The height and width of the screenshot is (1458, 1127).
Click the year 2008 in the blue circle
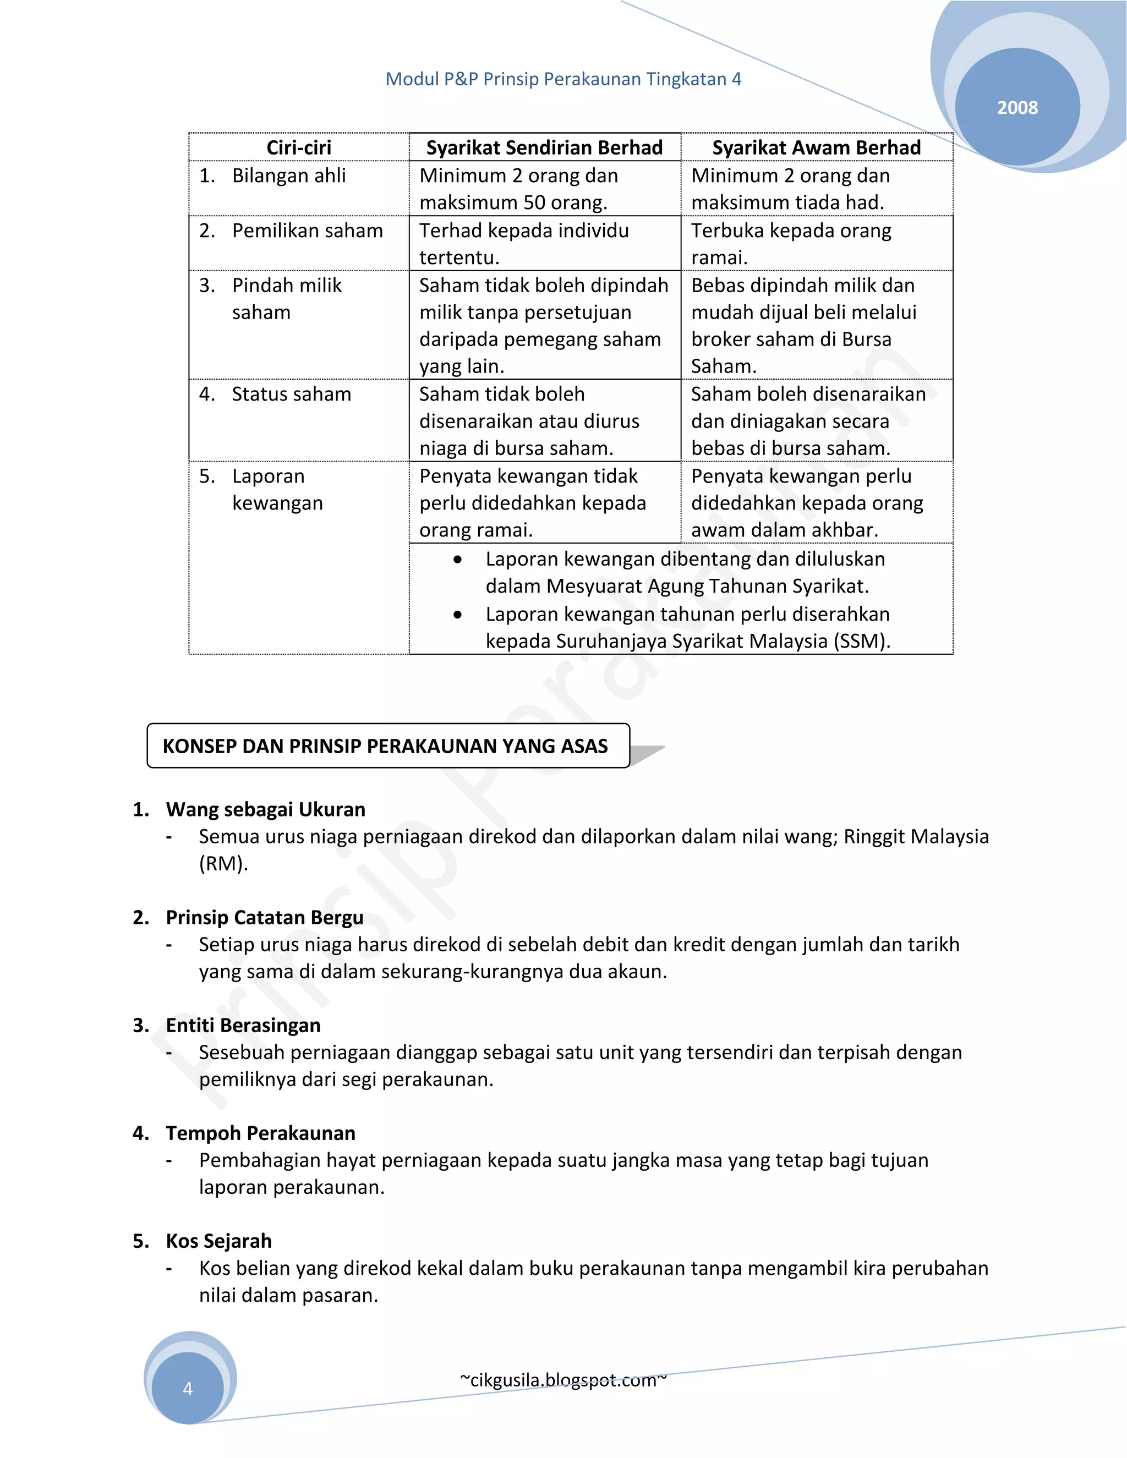tap(1017, 107)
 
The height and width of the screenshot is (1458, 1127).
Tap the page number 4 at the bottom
tap(188, 1389)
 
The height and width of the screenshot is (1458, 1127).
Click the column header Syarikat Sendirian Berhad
tap(544, 147)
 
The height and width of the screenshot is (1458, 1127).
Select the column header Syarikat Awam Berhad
tap(816, 147)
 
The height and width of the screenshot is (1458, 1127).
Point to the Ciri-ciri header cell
tap(298, 147)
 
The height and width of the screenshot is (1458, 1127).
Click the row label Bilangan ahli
tap(288, 176)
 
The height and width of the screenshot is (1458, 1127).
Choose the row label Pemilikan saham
tap(307, 231)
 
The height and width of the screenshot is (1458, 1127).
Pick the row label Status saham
tap(291, 394)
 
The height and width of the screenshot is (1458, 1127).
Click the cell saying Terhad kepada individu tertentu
tap(523, 244)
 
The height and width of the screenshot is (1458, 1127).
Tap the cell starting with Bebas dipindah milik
tap(803, 325)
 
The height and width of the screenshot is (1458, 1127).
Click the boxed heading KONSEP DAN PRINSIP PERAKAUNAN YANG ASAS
tap(385, 746)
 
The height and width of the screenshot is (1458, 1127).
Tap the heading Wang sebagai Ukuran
tap(265, 809)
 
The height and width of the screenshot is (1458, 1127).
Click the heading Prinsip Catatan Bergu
tap(264, 917)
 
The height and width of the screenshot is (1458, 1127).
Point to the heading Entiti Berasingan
tap(243, 1025)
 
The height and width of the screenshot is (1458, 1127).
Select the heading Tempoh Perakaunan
tap(260, 1133)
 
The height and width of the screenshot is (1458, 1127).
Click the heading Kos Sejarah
tap(218, 1241)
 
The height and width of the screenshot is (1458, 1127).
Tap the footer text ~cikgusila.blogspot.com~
tap(563, 1380)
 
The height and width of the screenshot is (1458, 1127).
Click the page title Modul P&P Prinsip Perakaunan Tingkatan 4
tap(563, 79)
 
